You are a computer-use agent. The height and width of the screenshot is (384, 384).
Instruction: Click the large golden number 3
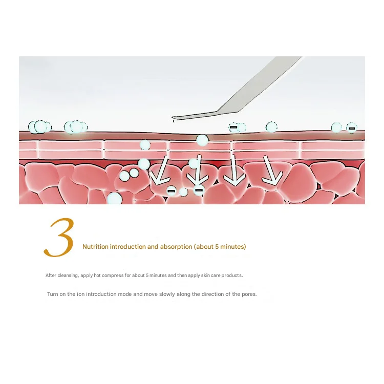pos(59,237)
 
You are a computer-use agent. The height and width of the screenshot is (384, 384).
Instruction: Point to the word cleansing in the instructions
pos(68,275)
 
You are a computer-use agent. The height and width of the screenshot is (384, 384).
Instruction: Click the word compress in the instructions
pos(113,275)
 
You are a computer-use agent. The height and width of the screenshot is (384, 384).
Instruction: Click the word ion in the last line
pos(80,294)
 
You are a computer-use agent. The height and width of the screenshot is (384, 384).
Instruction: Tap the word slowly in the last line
pos(167,294)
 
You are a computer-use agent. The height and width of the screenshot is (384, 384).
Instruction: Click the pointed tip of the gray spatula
pos(173,118)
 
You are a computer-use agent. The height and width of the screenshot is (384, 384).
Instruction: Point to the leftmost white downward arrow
pos(160,170)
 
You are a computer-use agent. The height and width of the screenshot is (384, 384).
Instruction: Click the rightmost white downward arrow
pos(271,170)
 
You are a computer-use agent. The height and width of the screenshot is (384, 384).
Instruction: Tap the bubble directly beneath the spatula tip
pos(202,140)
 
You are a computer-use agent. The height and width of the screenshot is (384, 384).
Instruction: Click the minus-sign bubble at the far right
pos(351,128)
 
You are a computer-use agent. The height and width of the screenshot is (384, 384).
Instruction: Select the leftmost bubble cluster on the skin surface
pos(39,127)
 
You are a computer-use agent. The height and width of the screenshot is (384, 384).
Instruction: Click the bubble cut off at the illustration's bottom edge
pos(114,198)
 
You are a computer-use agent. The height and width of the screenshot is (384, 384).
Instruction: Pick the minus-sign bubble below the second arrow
pos(199,190)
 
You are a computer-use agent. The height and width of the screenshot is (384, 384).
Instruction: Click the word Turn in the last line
pos(52,294)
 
